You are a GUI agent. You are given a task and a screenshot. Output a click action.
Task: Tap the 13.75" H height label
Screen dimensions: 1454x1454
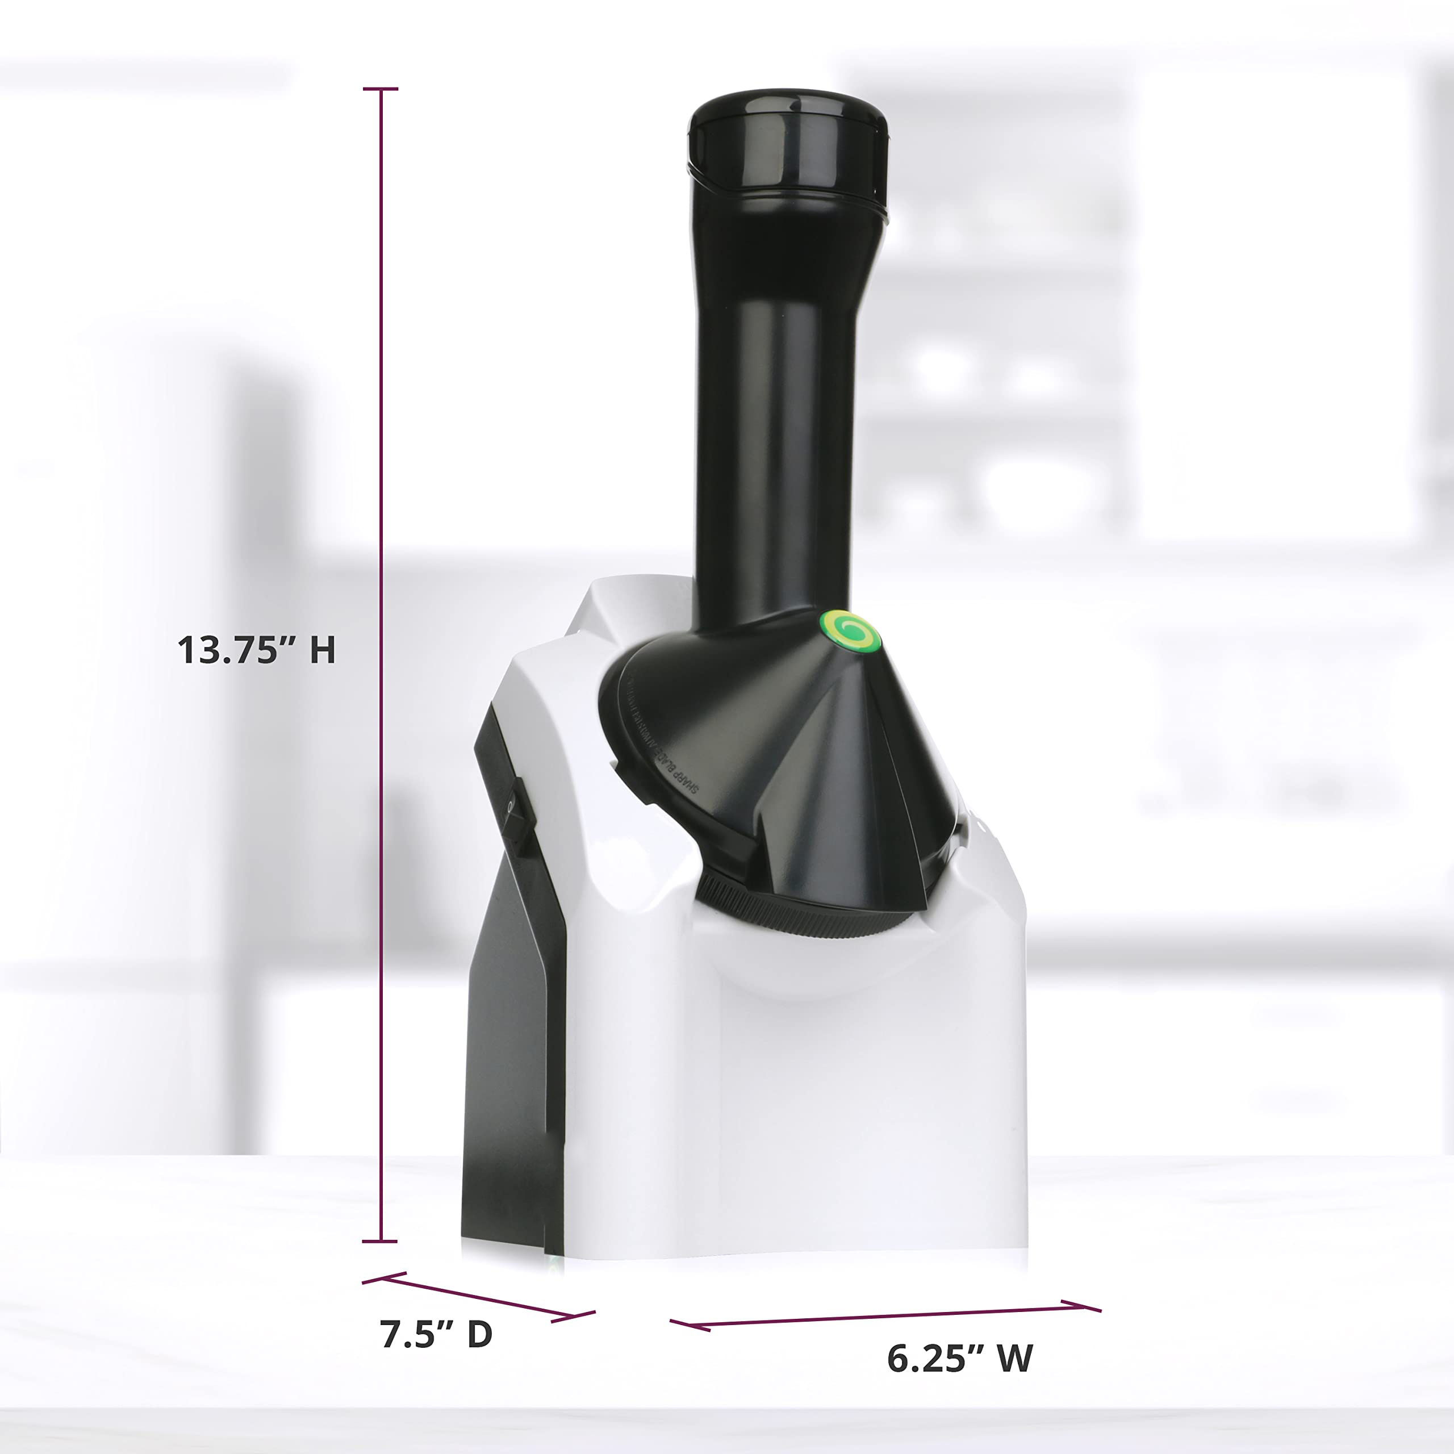(x=256, y=650)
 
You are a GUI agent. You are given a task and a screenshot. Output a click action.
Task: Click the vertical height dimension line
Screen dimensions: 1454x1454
(x=381, y=678)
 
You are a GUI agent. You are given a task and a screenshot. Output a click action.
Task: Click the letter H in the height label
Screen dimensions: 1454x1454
(x=322, y=650)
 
